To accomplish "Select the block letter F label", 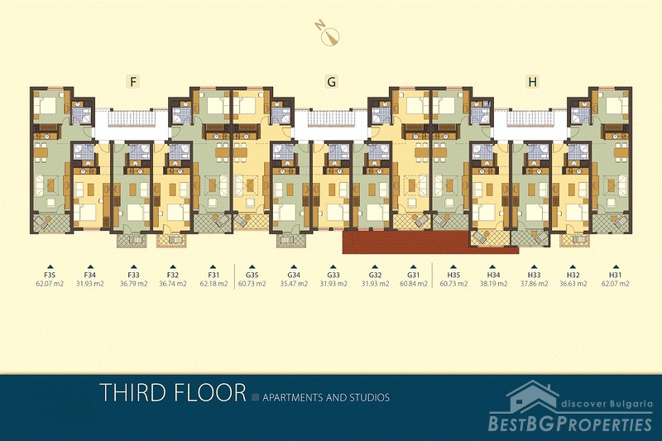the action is [x=133, y=81].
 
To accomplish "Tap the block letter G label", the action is [x=332, y=81].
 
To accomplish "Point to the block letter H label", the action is [x=532, y=81].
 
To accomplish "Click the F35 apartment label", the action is [x=50, y=276].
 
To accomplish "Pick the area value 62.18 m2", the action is [x=213, y=284].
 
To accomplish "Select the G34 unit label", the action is [x=294, y=276].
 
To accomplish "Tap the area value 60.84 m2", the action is [x=414, y=284].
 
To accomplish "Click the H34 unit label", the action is [x=492, y=276].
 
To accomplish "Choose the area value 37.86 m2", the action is [x=534, y=284].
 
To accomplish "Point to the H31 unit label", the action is [x=615, y=276].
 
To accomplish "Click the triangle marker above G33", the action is [x=333, y=266].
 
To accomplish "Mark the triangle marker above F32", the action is [x=173, y=266].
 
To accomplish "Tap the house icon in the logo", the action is [x=533, y=395].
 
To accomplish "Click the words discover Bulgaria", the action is [x=607, y=405].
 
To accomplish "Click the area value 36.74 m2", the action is [x=173, y=284].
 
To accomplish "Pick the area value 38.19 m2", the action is [x=492, y=284].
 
